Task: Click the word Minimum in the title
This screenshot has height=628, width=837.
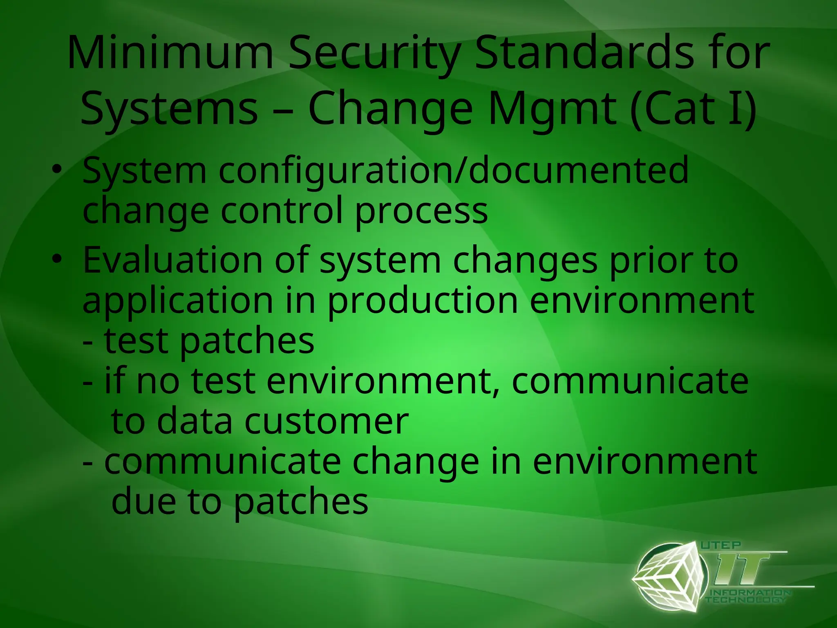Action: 170,54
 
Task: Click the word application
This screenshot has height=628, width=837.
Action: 178,302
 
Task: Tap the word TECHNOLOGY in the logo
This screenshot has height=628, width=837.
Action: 746,600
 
